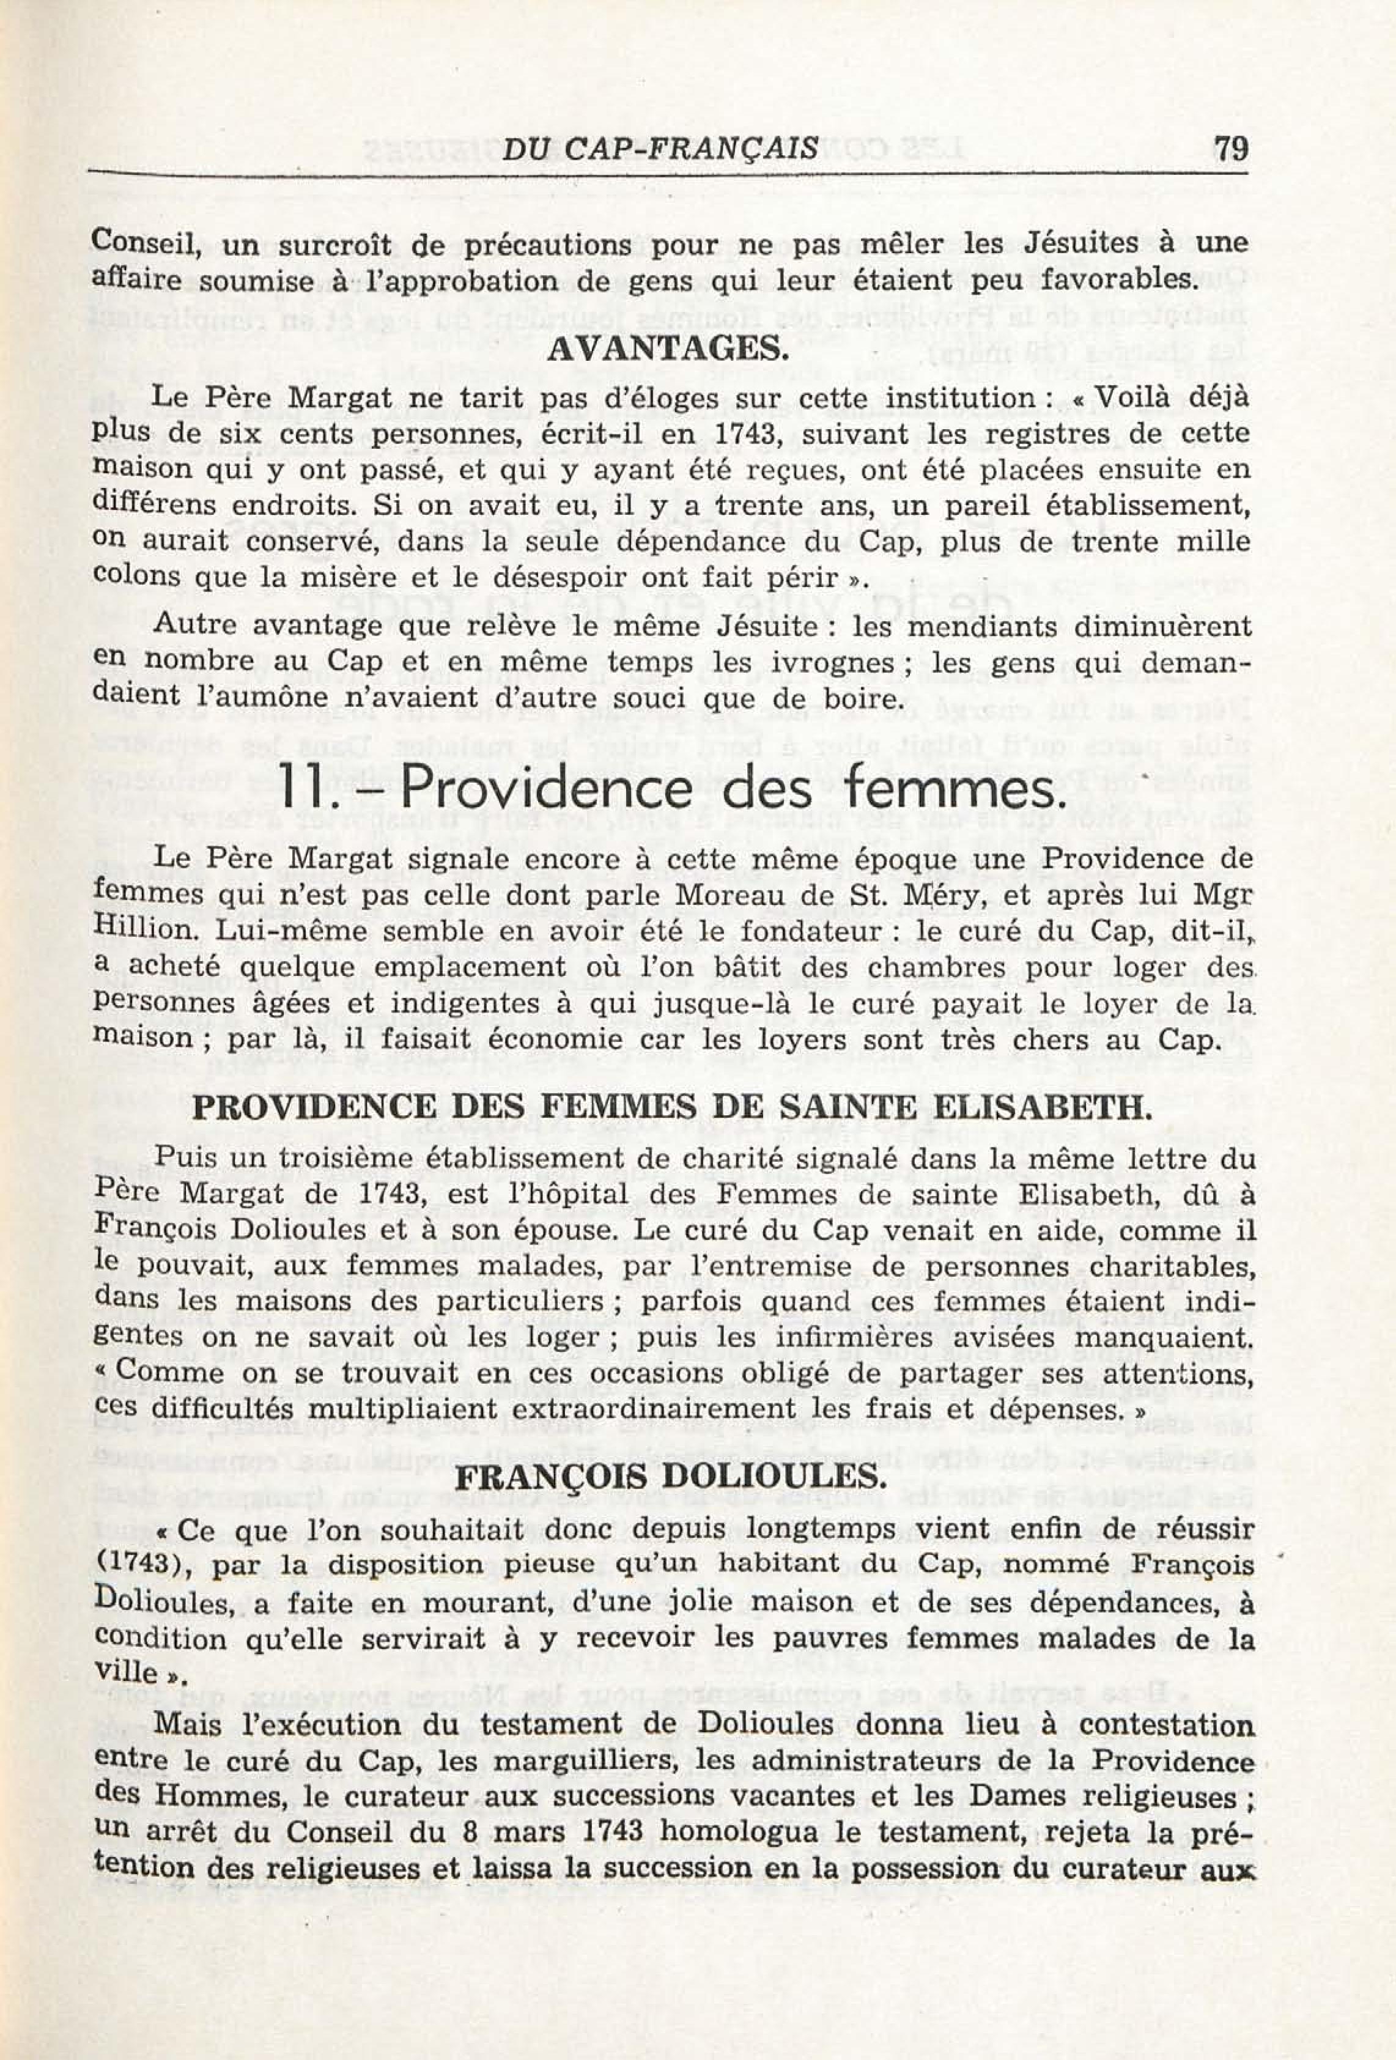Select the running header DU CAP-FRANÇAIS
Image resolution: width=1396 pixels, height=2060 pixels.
click(659, 148)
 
